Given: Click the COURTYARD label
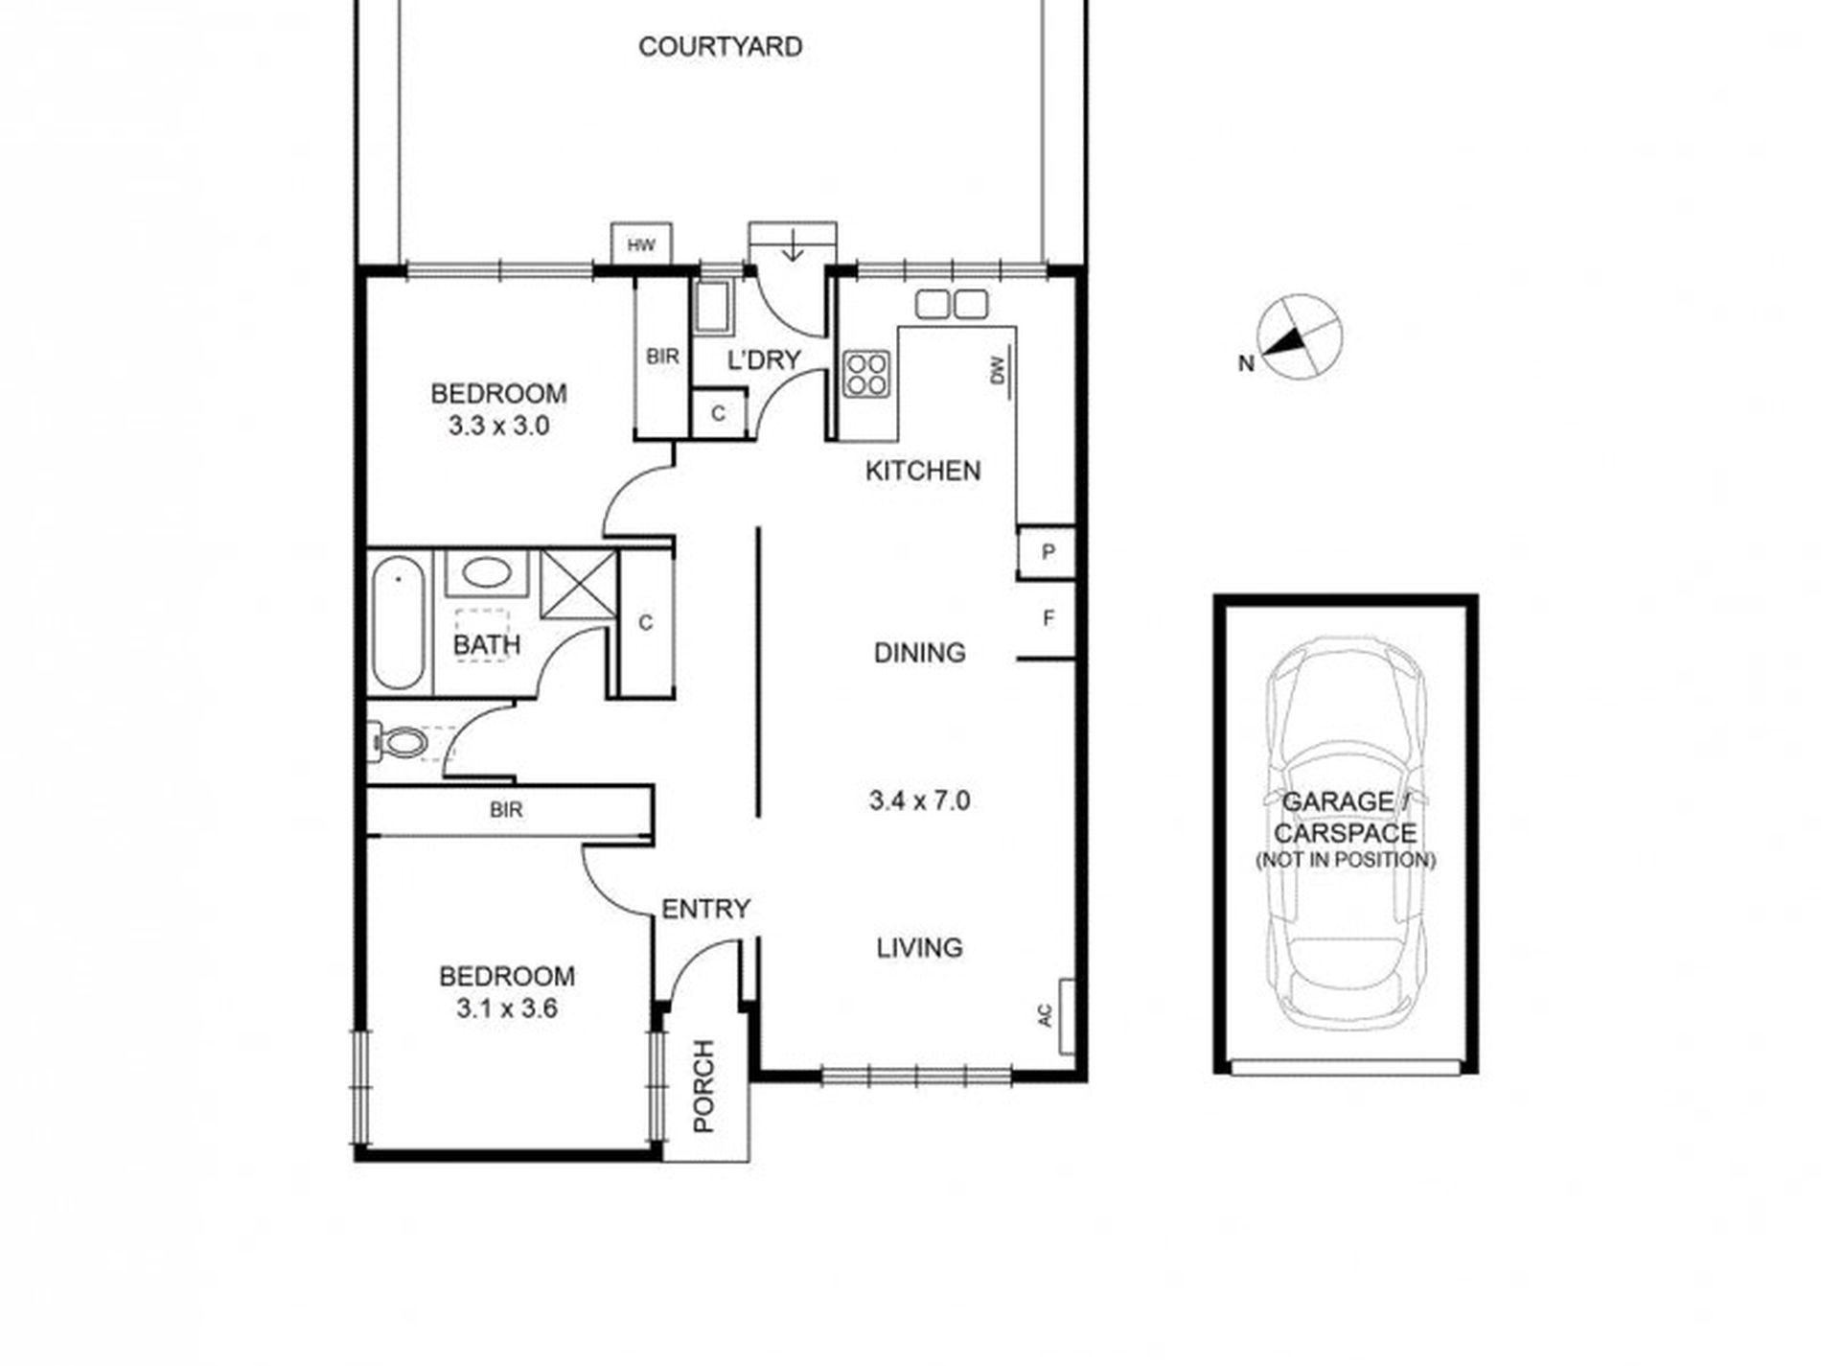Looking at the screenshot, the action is tap(720, 47).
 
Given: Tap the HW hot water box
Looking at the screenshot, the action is tap(641, 244).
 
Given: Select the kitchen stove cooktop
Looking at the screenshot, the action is tap(867, 373).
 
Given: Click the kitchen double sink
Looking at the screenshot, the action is tap(951, 304).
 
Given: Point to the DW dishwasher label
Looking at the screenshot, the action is tap(998, 370).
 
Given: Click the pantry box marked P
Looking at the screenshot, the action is tap(1047, 552).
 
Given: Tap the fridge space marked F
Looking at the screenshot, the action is tap(1048, 618).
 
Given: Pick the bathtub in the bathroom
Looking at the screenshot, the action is tap(398, 625).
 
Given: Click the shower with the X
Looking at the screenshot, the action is tap(578, 584).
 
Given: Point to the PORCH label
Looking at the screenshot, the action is tap(703, 1086).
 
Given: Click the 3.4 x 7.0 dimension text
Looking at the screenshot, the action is tap(919, 799).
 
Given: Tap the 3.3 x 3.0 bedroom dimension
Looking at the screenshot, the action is tap(498, 426).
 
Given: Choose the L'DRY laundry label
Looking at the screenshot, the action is tap(764, 360).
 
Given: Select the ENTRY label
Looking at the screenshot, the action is tap(706, 909).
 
